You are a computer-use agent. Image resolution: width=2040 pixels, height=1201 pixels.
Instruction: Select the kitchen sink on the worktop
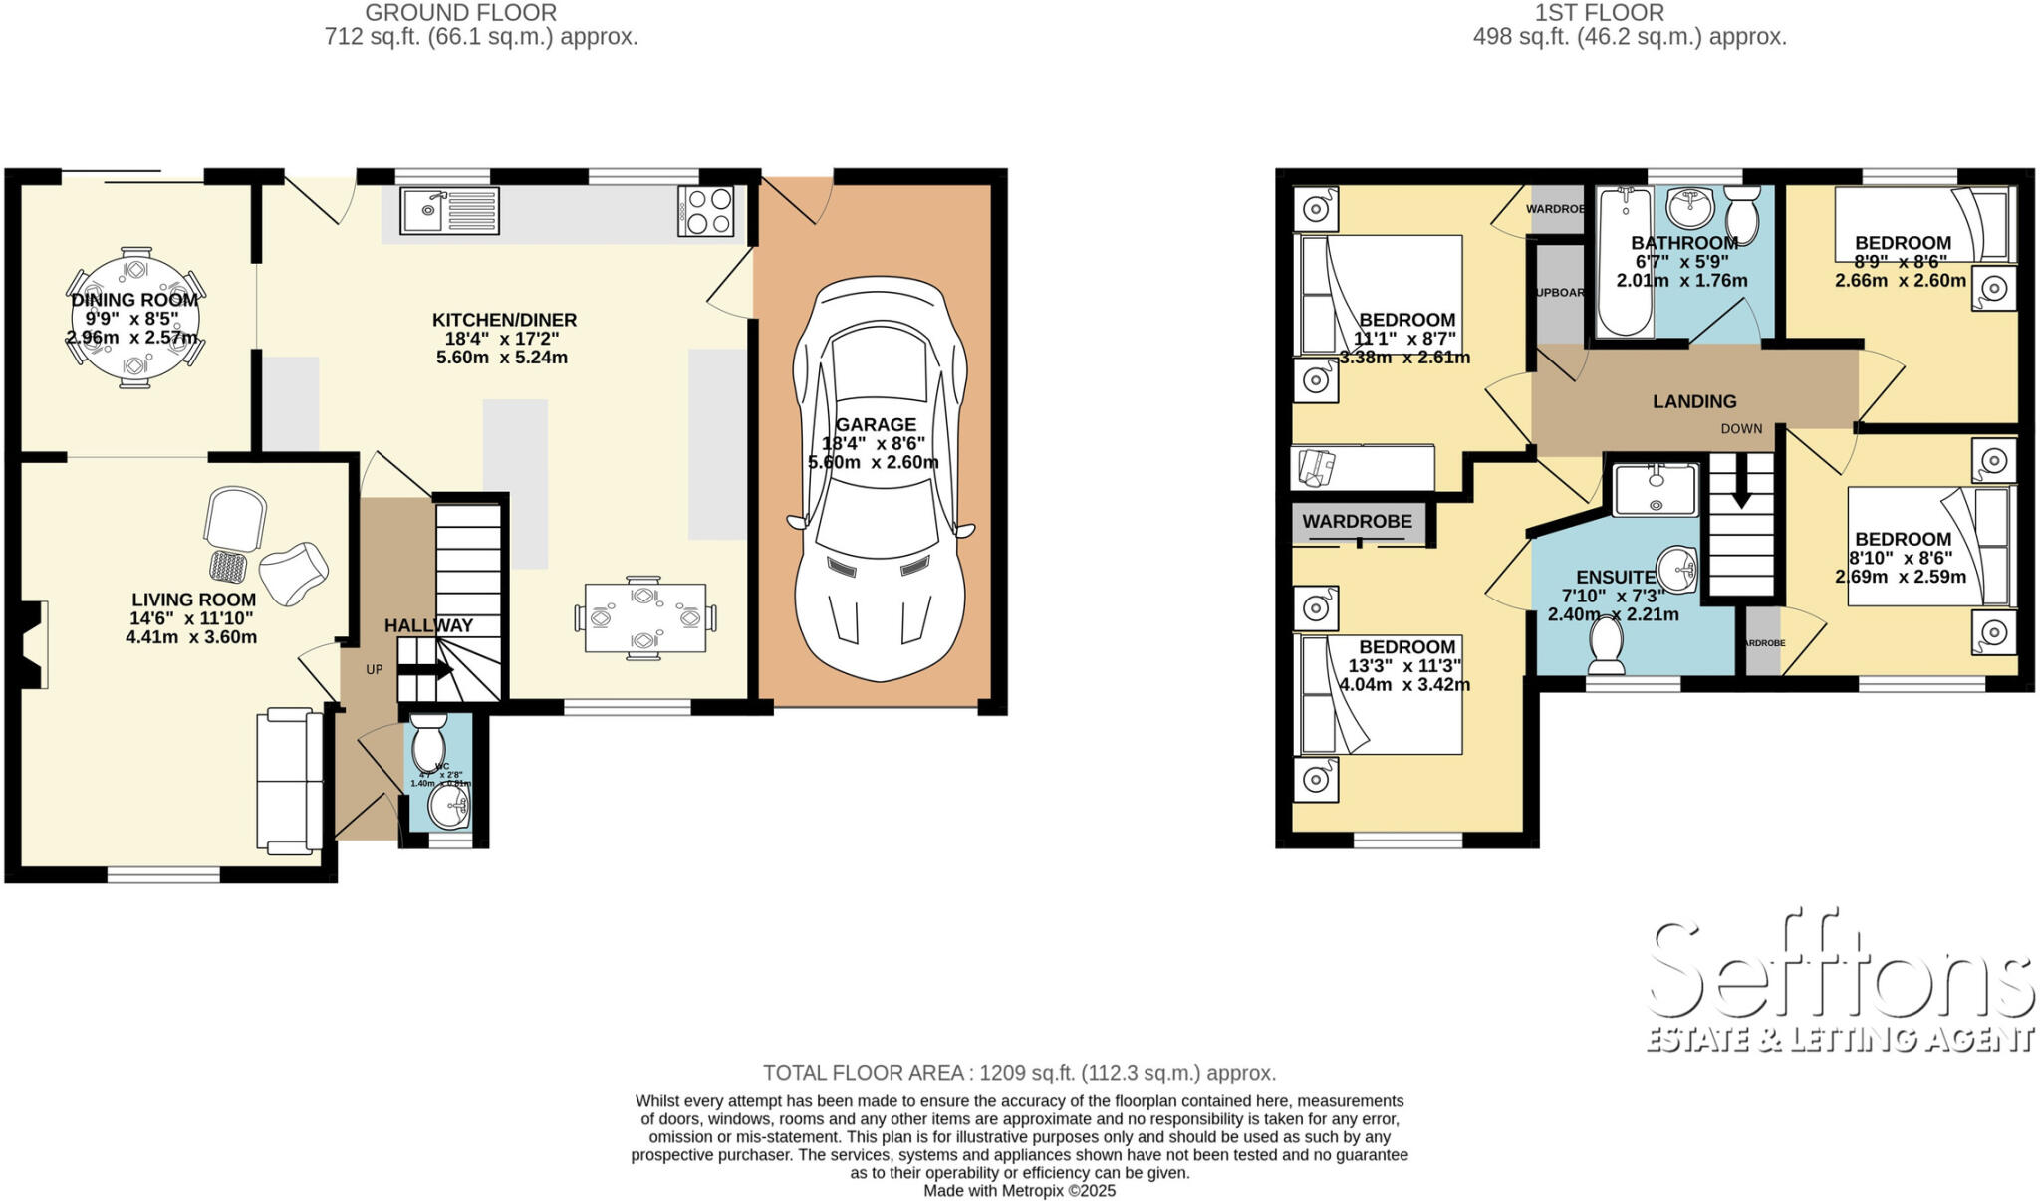coord(449,211)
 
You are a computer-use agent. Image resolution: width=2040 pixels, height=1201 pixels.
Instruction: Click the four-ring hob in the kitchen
coord(706,211)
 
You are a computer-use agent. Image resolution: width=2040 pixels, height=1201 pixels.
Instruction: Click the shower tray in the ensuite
coord(1656,489)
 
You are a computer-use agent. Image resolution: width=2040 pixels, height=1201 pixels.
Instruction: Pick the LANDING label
coord(1694,401)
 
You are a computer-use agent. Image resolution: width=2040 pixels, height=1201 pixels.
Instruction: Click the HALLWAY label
coord(428,625)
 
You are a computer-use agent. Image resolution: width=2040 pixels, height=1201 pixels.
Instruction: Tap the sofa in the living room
coord(289,780)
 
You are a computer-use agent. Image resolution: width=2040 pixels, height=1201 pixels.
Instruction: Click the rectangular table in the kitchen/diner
coord(645,617)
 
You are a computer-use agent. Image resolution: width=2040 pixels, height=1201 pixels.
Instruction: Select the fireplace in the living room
coord(32,644)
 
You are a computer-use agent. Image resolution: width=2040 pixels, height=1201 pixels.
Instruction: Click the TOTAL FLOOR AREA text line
coord(1019,1073)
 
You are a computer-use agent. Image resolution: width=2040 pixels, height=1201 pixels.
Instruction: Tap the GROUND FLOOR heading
coord(460,13)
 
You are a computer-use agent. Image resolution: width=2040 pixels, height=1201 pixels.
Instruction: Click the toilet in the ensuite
coord(1607,643)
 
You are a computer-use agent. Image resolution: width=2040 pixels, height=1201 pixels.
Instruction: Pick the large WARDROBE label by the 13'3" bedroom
coord(1357,521)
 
